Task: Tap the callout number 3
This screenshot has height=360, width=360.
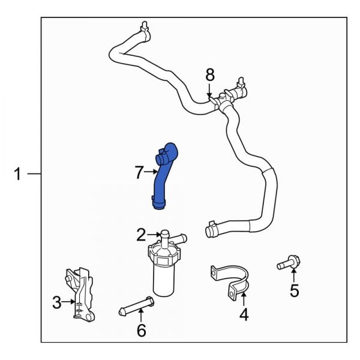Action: click(x=56, y=303)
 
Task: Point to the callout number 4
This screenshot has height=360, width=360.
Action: click(x=243, y=314)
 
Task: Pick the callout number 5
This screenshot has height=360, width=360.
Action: click(x=294, y=291)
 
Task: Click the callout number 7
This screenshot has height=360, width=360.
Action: click(x=139, y=173)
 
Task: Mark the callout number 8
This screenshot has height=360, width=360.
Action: click(x=209, y=74)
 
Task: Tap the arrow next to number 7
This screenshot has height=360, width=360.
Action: click(x=151, y=173)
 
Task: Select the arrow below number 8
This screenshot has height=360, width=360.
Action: click(x=209, y=90)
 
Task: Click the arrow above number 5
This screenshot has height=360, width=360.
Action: click(x=293, y=276)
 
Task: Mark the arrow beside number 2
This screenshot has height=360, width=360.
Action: click(x=154, y=235)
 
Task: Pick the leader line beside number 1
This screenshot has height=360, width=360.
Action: click(x=34, y=175)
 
